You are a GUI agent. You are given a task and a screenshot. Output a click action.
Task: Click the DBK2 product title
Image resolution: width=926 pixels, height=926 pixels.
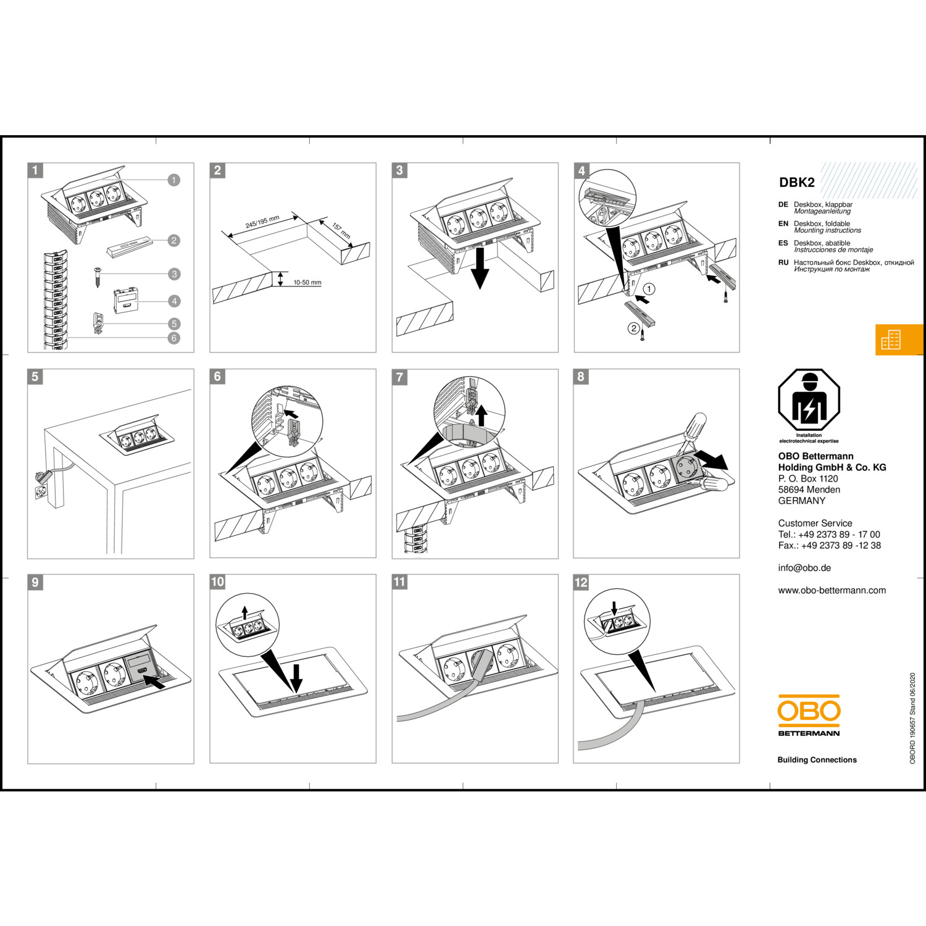[x=796, y=182]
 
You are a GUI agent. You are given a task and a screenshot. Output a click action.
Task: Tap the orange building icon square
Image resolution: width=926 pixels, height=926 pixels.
[x=899, y=340]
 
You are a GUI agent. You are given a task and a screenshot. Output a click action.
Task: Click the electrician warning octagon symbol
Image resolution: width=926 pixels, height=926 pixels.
[x=809, y=400]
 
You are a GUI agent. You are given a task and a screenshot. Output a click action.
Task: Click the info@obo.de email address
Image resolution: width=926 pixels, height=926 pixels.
[x=804, y=568]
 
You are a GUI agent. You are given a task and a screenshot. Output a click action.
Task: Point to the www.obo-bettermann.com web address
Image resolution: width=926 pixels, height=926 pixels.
[x=832, y=590]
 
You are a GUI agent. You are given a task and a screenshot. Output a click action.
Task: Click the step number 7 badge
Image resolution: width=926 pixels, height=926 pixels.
[x=400, y=377]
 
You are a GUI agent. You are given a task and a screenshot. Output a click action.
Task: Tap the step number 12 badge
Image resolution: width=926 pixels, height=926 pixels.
[x=582, y=582]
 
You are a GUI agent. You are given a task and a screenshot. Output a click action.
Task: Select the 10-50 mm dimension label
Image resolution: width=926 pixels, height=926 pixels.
[x=307, y=283]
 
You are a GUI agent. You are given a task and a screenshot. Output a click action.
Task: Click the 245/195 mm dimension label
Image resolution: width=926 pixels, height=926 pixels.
[x=262, y=222]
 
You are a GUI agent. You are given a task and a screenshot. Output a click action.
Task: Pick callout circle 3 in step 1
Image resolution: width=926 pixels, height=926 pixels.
[x=174, y=274]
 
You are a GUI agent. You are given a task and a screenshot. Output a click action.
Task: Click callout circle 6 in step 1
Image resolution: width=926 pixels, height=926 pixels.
[x=174, y=338]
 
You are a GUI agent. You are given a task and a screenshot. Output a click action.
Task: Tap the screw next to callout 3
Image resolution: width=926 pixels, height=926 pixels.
[x=98, y=276]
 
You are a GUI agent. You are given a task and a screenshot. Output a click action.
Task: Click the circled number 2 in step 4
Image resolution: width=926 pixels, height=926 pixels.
[x=633, y=328]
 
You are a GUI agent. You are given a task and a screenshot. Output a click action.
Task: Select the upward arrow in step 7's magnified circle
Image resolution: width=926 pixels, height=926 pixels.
[x=482, y=415]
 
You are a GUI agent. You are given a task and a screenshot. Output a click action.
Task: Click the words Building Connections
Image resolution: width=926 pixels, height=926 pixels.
[x=817, y=760]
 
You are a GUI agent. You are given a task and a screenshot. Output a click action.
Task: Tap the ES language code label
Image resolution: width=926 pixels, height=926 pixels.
[x=783, y=243]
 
